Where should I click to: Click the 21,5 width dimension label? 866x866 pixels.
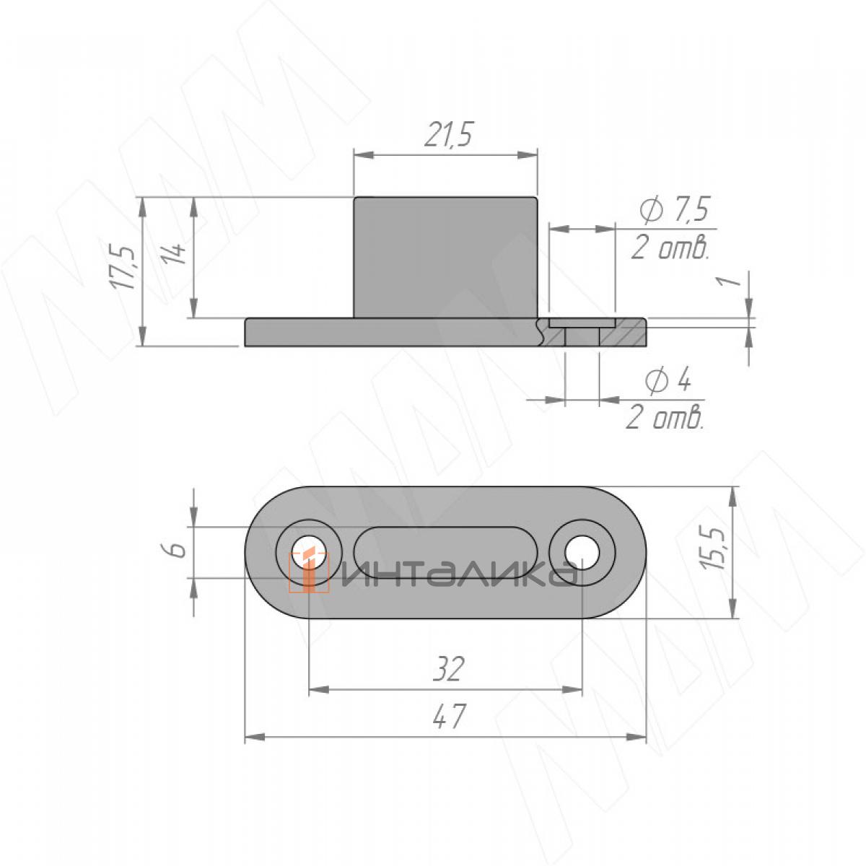448,134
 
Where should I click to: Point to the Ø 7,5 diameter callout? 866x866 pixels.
674,210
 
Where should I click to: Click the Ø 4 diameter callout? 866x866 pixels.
667,381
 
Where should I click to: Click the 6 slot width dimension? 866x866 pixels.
178,550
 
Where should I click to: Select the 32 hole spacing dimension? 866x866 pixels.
448,670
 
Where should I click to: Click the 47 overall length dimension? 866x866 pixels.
448,717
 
